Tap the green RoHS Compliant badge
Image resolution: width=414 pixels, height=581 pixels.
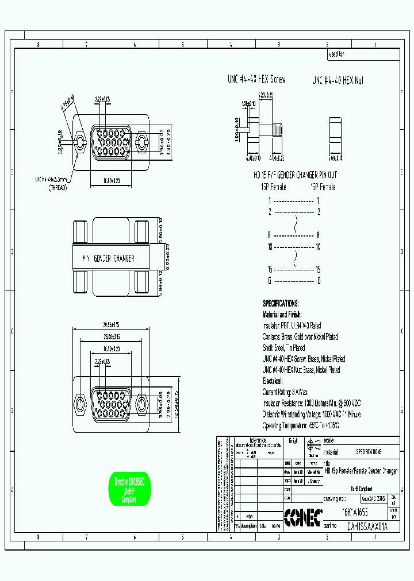(129, 490)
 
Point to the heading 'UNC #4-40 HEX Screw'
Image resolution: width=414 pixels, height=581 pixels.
(256, 80)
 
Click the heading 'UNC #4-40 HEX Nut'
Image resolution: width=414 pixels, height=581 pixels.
(338, 80)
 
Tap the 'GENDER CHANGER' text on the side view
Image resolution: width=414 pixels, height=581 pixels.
(114, 258)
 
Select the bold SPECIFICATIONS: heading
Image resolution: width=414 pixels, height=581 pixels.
(281, 303)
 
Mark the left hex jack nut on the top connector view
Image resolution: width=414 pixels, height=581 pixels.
(80, 140)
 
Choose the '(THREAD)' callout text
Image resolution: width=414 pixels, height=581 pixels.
(57, 187)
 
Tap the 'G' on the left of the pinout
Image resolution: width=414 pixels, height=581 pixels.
(269, 281)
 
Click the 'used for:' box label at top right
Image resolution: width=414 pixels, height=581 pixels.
(336, 55)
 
